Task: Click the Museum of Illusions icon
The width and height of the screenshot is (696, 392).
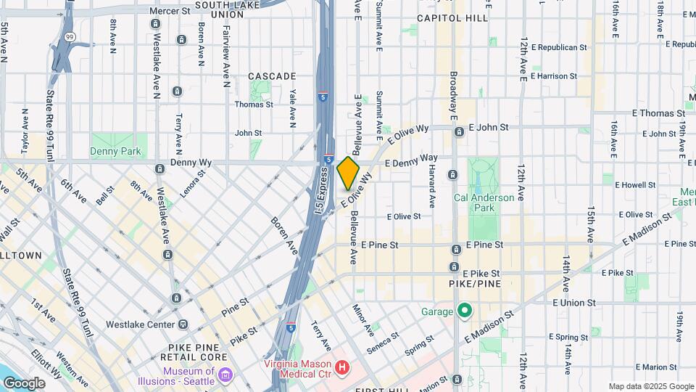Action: click(225, 375)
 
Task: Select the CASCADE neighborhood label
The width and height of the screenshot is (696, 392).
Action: click(272, 75)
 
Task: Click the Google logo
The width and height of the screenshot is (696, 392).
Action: click(24, 383)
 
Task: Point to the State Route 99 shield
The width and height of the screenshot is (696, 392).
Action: click(68, 36)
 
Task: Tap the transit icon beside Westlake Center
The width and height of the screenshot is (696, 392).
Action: click(183, 324)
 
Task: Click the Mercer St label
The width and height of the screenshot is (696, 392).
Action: click(170, 11)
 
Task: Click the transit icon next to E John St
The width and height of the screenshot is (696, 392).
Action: click(459, 132)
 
